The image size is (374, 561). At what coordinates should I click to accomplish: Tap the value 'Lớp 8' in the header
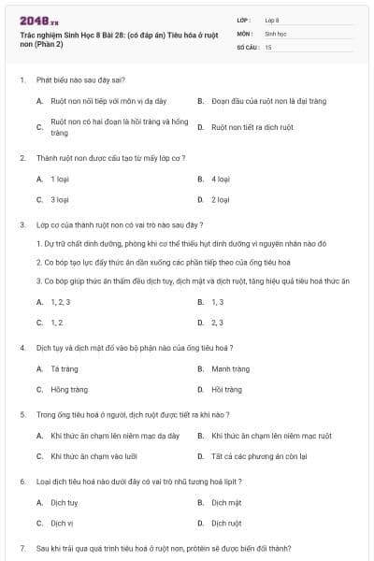point(272,19)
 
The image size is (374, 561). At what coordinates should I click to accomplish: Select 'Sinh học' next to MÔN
point(275,33)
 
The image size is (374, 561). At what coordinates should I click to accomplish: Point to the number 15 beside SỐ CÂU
point(268,46)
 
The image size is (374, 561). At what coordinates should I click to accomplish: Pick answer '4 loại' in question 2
point(220,178)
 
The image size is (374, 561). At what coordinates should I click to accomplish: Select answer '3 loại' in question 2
point(59,199)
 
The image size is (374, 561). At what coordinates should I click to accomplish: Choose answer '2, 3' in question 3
point(218,323)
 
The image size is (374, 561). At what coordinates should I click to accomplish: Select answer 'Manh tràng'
point(230,368)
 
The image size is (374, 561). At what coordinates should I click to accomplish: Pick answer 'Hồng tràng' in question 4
point(68,389)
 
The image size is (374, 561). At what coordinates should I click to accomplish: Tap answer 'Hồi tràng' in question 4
point(226,389)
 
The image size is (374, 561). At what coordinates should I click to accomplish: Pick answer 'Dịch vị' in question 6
point(62,524)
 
